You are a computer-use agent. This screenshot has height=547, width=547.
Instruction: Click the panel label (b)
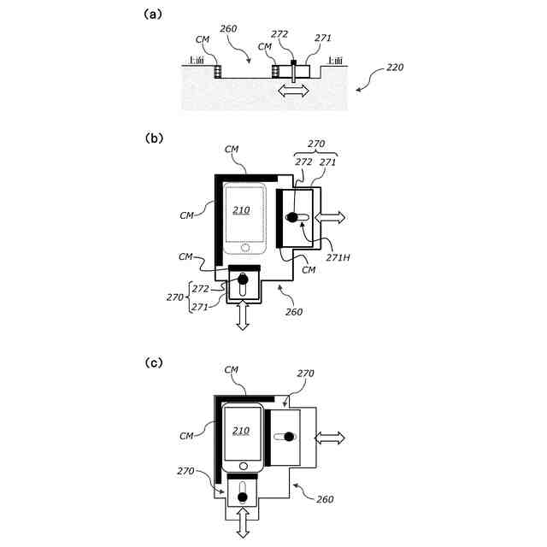155,137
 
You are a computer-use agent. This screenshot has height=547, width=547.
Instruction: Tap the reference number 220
395,67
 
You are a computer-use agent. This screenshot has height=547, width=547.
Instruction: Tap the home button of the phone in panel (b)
248,249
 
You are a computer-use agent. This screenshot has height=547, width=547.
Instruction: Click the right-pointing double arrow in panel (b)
331,217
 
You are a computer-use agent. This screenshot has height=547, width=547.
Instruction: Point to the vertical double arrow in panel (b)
243,317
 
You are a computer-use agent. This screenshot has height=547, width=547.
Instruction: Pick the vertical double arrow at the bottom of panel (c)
243,522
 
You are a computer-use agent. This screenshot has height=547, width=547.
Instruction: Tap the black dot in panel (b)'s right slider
292,217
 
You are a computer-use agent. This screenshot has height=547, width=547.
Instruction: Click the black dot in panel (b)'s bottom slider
243,279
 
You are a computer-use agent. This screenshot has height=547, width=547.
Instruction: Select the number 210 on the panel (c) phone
241,431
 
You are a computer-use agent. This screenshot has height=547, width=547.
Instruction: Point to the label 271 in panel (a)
322,38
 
